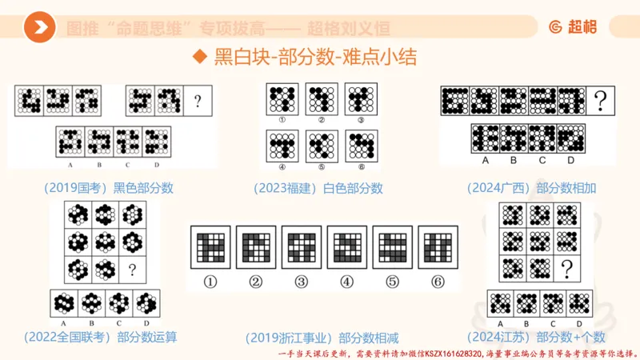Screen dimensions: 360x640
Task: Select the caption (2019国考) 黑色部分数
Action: (109, 188)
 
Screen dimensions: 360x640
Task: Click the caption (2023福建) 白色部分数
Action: (318, 188)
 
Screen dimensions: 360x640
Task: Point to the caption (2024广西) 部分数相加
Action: (532, 188)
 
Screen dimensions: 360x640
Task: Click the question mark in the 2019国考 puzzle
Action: (197, 102)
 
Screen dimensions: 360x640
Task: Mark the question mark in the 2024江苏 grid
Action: (566, 267)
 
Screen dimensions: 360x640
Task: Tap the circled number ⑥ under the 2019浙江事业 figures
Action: (437, 282)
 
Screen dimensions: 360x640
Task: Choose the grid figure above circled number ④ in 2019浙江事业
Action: (346, 247)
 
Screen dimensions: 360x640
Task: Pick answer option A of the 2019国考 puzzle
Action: (71, 142)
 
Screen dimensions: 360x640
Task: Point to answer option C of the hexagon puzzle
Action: (118, 304)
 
